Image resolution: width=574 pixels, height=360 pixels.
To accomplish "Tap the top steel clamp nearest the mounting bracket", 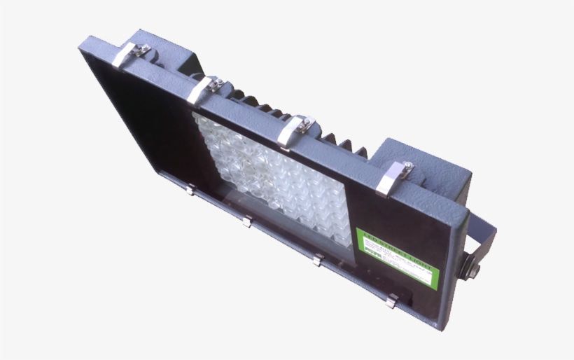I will [394, 178].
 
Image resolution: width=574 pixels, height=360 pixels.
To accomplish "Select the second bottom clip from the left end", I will [246, 221].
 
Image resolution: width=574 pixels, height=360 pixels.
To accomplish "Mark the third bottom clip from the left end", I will [317, 260].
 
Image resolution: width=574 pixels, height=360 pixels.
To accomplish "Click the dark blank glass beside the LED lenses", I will [147, 126].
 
